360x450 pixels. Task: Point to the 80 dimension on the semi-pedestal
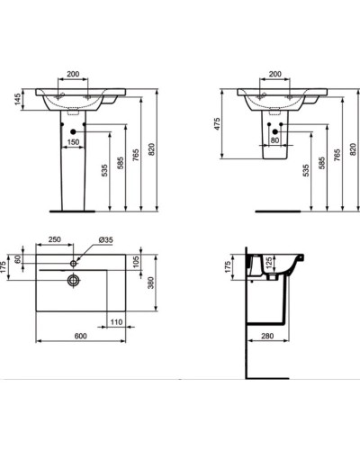click(x=274, y=139)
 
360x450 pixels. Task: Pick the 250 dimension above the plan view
click(x=54, y=241)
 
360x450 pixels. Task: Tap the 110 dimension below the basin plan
click(x=115, y=321)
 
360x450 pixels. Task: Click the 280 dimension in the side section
click(x=268, y=336)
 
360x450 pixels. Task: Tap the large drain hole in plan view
click(x=71, y=279)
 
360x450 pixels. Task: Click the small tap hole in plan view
click(x=74, y=262)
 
